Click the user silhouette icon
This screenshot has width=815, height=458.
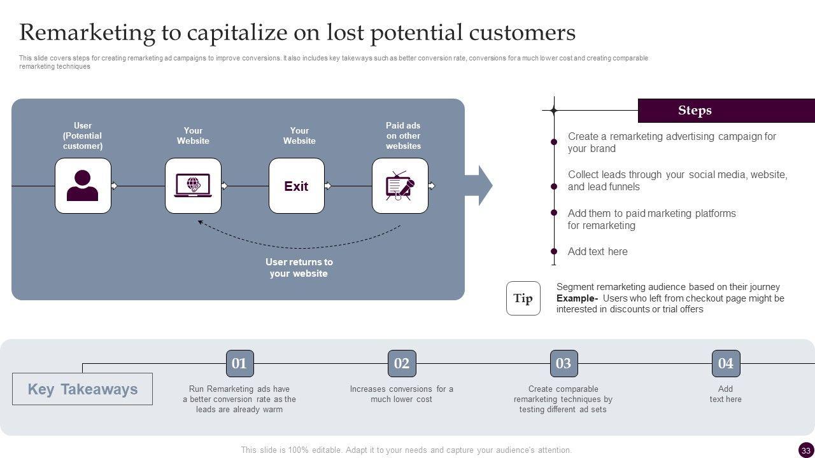pyautogui.click(x=83, y=186)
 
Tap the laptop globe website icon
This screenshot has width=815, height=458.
pyautogui.click(x=193, y=186)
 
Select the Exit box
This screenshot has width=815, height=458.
pyautogui.click(x=296, y=186)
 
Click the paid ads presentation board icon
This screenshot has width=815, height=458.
pyautogui.click(x=400, y=186)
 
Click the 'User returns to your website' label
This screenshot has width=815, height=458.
pyautogui.click(x=299, y=268)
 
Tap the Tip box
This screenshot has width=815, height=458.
pyautogui.click(x=523, y=298)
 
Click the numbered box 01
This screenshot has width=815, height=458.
pyautogui.click(x=239, y=364)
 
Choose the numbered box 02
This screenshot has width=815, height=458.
pyautogui.click(x=402, y=364)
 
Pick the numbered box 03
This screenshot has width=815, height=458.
pyautogui.click(x=563, y=364)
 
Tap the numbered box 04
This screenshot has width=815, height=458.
pyautogui.click(x=726, y=364)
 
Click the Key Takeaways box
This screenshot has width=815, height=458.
pyautogui.click(x=82, y=389)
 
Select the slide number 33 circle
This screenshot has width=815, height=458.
pyautogui.click(x=805, y=450)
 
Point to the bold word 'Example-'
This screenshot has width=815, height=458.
pyautogui.click(x=577, y=298)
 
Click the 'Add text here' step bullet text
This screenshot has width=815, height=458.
pyautogui.click(x=597, y=251)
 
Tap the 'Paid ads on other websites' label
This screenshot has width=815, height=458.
pyautogui.click(x=403, y=135)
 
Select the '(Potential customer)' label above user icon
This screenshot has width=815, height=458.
pyautogui.click(x=83, y=141)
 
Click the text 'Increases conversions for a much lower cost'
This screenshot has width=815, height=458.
pyautogui.click(x=402, y=394)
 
